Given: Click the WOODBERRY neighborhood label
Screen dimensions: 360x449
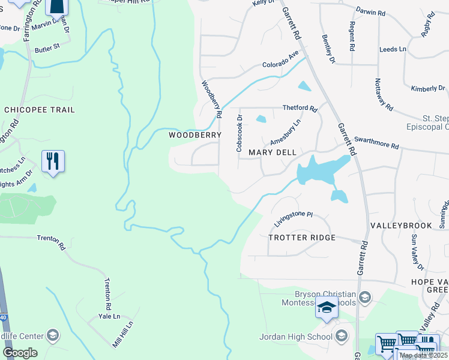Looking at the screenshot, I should [x=195, y=136].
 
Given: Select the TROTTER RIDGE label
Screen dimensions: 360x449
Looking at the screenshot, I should [x=301, y=238].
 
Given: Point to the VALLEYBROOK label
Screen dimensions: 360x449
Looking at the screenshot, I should [x=401, y=226].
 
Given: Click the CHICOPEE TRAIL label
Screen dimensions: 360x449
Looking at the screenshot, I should [x=40, y=110].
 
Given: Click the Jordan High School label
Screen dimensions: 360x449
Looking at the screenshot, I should [x=296, y=337].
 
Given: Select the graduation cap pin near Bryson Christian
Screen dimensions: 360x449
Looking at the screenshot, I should [x=325, y=309].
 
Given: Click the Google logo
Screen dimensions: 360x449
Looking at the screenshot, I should [x=19, y=353].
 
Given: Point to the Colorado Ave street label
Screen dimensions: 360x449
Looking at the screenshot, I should [x=280, y=61].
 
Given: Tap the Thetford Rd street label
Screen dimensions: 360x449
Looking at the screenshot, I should [x=300, y=108].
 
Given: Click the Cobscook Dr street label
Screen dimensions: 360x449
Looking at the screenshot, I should [x=239, y=133].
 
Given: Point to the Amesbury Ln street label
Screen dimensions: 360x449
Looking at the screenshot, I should [x=285, y=132].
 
